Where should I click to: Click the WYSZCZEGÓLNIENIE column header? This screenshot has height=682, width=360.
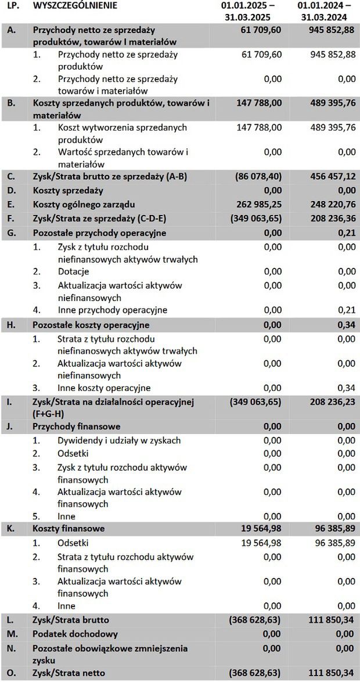pos(74,6)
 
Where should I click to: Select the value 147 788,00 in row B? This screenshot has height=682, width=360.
pos(259,103)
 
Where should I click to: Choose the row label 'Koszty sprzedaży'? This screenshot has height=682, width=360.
pos(68,191)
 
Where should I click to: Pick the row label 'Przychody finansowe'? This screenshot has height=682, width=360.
pos(77,426)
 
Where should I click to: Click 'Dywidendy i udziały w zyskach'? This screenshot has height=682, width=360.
pos(119,440)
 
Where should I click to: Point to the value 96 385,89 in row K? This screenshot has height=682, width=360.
pos(329,529)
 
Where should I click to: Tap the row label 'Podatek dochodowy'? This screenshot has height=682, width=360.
pos(75,634)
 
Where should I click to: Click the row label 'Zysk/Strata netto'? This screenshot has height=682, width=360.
pos(71,673)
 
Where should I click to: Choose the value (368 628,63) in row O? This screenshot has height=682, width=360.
pos(255,673)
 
